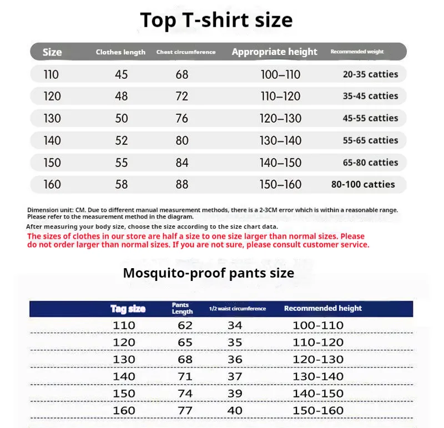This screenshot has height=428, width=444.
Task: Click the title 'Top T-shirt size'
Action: pyautogui.click(x=216, y=21)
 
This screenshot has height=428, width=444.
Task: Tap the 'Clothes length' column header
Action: pyautogui.click(x=120, y=52)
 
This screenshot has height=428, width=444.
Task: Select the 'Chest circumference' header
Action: pyautogui.click(x=186, y=52)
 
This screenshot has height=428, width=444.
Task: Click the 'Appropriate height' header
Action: pyautogui.click(x=275, y=52)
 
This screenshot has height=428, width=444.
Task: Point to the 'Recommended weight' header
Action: pyautogui.click(x=357, y=52)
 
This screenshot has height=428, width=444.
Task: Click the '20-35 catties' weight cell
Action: pyautogui.click(x=370, y=74)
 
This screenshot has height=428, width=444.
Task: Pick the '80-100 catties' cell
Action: pyautogui.click(x=363, y=184)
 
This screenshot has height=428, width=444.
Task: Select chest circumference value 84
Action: pyautogui.click(x=182, y=163)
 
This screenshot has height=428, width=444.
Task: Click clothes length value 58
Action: pyautogui.click(x=122, y=184)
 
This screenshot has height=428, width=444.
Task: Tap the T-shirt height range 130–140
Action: pyautogui.click(x=281, y=140)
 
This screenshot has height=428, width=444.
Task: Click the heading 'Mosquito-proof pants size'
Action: pyautogui.click(x=209, y=273)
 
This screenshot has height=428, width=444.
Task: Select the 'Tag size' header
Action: pyautogui.click(x=128, y=309)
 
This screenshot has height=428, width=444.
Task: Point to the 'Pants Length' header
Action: pyautogui.click(x=182, y=309)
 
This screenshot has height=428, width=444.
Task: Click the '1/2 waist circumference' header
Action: pyautogui.click(x=238, y=309)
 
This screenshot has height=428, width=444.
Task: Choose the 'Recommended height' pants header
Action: pyautogui.click(x=322, y=308)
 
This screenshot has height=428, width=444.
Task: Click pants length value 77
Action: pyautogui.click(x=185, y=411)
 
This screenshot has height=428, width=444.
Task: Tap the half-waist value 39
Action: pyautogui.click(x=235, y=394)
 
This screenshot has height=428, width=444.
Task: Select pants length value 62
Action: pyautogui.click(x=185, y=325)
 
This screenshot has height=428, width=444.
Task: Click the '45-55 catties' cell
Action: pyautogui.click(x=370, y=118)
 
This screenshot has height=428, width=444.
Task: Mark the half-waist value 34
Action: pyautogui.click(x=235, y=325)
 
